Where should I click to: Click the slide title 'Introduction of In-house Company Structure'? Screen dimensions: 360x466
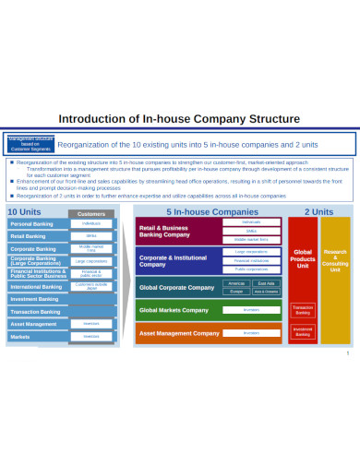(179, 118)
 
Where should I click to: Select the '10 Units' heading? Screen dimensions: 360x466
(24, 212)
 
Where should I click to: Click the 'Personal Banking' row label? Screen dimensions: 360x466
(30, 224)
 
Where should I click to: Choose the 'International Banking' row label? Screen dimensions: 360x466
(34, 286)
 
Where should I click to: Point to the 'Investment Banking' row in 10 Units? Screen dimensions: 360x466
(33, 299)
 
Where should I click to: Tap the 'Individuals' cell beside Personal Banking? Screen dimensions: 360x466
(90, 223)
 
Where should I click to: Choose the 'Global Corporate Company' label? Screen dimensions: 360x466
(175, 287)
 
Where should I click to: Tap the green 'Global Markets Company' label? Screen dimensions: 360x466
(174, 310)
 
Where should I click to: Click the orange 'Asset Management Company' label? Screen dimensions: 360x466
(176, 332)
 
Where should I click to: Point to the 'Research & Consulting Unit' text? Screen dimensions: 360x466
(335, 260)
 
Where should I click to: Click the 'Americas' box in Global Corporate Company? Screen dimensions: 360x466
(236, 283)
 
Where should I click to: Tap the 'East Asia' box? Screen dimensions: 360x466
(266, 283)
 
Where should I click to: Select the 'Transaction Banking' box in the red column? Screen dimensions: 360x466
(303, 310)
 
